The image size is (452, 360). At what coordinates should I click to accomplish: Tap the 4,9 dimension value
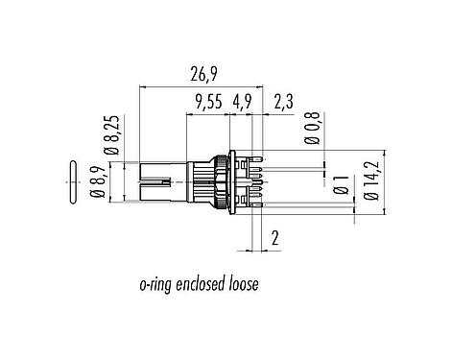point(241,102)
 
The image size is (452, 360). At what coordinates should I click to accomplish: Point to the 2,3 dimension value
point(284,102)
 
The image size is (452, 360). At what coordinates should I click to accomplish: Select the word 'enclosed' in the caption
point(199,285)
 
